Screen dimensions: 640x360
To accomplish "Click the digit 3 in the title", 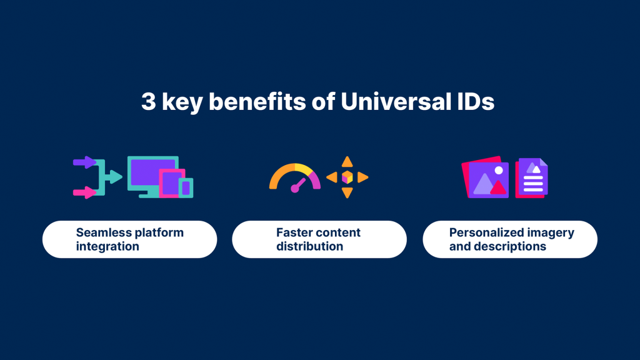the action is tap(149, 101).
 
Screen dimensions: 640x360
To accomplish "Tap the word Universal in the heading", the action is tap(394, 101).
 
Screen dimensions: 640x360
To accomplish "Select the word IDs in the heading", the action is tap(474, 101).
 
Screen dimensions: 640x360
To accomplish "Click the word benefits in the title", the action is tap(257, 101).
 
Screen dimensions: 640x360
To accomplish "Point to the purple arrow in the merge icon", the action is tap(84, 162).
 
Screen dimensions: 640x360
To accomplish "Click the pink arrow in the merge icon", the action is tap(84, 192).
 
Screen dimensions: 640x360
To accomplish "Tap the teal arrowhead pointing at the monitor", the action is tap(116, 177).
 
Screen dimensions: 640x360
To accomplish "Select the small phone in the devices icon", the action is tap(186, 187).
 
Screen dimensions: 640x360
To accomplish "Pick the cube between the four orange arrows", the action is tap(347, 177).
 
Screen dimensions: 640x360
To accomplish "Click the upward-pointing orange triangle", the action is tap(347, 162).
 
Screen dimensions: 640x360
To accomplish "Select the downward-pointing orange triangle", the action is tap(347, 192).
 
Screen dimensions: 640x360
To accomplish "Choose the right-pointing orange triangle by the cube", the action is tap(363, 177).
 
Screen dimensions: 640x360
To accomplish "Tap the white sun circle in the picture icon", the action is tap(499, 170).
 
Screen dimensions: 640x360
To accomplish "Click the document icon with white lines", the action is tap(531, 178).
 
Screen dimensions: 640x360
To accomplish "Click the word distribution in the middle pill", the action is tap(310, 246).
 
